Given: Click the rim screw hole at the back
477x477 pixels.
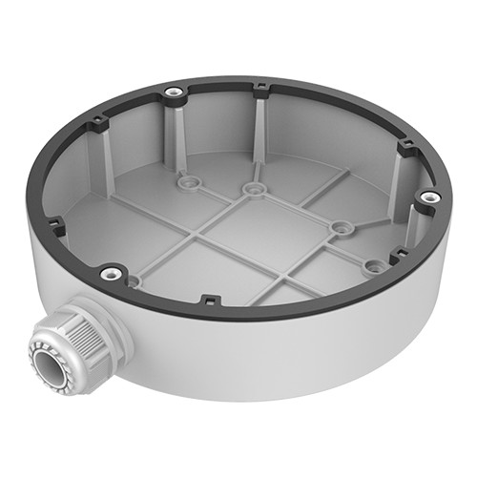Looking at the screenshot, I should coord(172,93).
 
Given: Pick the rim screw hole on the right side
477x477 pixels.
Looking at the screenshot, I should coord(430,196).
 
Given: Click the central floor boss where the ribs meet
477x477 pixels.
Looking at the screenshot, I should coord(252,189).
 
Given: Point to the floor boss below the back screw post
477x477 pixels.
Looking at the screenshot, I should coord(185,177).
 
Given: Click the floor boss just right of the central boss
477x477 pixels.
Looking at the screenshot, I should coord(339,226).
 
